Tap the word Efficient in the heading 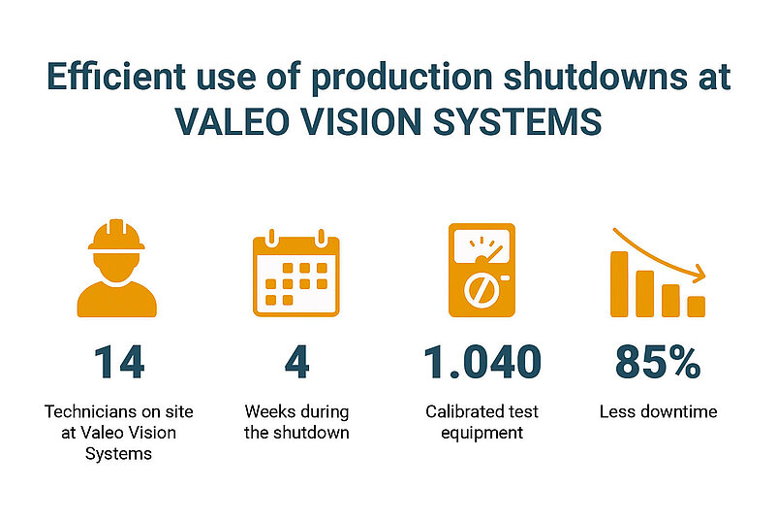(116, 77)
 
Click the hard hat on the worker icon (116, 235)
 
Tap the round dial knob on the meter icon (482, 290)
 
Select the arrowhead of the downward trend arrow (699, 274)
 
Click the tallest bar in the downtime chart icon (619, 284)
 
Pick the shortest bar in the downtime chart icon (697, 307)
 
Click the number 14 (119, 362)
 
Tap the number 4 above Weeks (296, 362)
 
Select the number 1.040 (482, 362)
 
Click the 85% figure (658, 362)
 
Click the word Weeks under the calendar (268, 411)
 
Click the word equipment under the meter (482, 433)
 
